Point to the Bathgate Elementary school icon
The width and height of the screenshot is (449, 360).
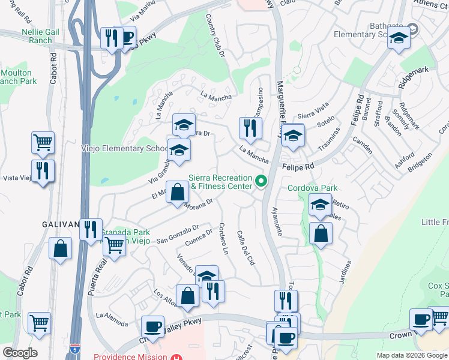pyautogui.click(x=398, y=40)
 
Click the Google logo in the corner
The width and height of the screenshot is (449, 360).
pyautogui.click(x=20, y=353)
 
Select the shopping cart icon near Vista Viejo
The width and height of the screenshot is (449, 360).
pyautogui.click(x=43, y=143)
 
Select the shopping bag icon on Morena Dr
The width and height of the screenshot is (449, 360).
pyautogui.click(x=178, y=193)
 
